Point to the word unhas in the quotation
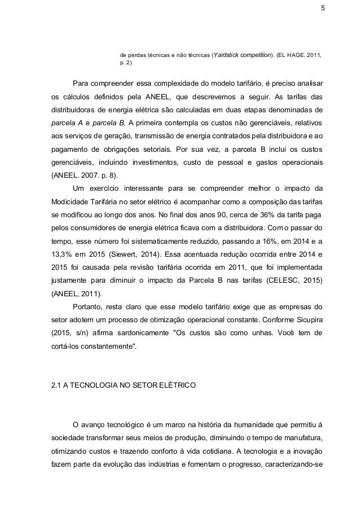[261, 333]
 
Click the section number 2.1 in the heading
[57, 386]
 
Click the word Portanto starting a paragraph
[88, 306]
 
